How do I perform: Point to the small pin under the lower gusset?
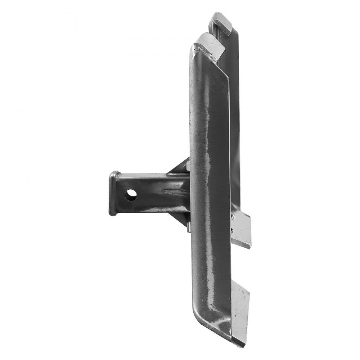[x=189, y=228]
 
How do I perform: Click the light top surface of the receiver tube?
[x=151, y=175]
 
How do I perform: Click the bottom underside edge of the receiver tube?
[x=151, y=212]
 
